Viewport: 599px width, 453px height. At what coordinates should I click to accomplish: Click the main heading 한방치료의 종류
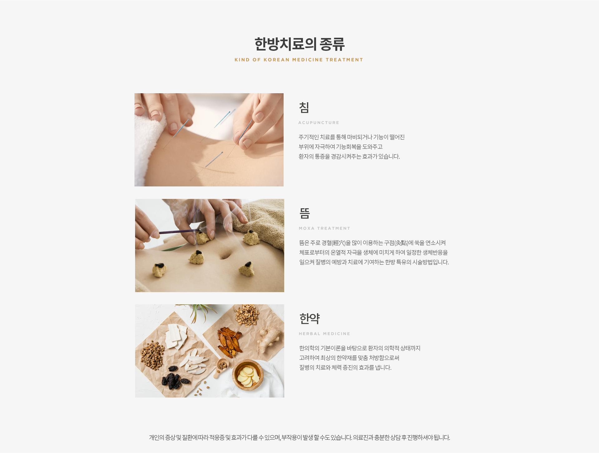coord(299,44)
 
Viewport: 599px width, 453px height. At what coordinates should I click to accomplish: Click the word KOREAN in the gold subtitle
coord(276,60)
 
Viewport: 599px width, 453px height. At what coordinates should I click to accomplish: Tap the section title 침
coord(304,108)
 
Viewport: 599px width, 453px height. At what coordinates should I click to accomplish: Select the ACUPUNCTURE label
coord(319,123)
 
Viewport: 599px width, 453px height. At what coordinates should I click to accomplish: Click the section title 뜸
coord(304,213)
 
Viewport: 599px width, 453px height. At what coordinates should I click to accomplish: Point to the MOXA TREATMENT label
coord(324,229)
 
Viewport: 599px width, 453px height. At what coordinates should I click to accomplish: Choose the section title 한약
coord(309,319)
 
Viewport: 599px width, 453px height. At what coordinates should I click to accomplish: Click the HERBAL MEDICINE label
coord(324,334)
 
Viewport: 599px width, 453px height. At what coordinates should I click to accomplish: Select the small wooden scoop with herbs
coord(222,367)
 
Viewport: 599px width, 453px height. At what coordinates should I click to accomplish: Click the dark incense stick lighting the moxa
coord(179,232)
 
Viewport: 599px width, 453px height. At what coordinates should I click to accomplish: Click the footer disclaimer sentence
coord(299,438)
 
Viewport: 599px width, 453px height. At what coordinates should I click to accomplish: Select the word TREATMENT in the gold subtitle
coord(344,60)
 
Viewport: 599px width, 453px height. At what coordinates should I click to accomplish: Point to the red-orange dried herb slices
coord(230,341)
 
